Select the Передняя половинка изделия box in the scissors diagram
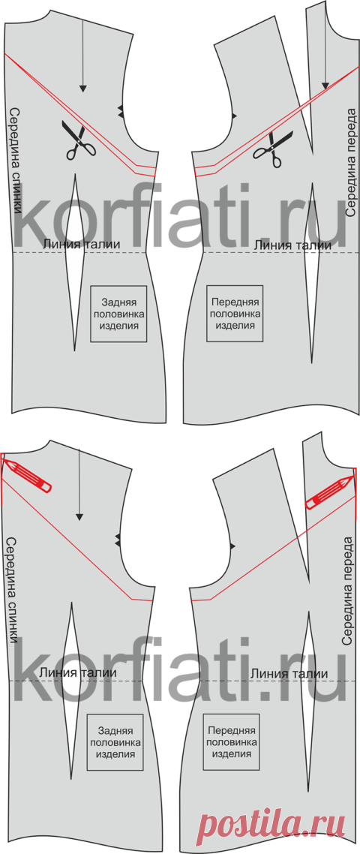pos(234,314)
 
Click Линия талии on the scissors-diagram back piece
pos(81,244)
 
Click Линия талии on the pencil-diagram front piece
pos(289,674)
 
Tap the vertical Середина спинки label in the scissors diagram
pos(16,169)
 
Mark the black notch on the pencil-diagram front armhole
pos(233,545)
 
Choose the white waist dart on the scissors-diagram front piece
pos(312,273)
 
